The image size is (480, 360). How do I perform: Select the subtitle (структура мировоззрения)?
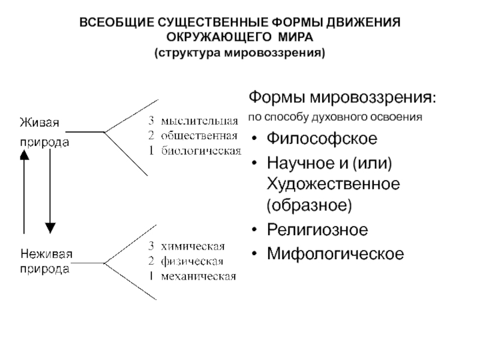[240, 53]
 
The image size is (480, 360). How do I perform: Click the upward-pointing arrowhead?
[23, 154]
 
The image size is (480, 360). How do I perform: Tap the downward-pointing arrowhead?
[50, 227]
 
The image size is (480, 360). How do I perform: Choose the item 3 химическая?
[187, 247]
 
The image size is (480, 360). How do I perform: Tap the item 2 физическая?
[187, 261]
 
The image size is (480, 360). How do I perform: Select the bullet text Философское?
[322, 139]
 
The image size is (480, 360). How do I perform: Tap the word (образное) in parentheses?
[309, 206]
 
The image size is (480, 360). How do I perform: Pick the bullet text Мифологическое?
[335, 254]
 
